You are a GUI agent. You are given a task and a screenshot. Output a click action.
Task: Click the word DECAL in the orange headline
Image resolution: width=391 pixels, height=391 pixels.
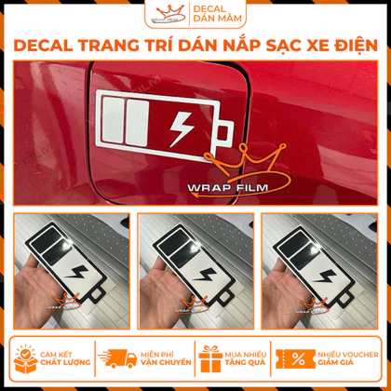coord(44,46)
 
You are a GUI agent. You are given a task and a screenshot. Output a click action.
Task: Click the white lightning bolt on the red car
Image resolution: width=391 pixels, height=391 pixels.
coord(182,128)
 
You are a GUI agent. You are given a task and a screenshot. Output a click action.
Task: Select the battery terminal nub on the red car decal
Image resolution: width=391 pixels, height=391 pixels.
coord(224,134)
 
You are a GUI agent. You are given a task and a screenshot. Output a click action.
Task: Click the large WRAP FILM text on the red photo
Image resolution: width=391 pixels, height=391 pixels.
coord(227,188)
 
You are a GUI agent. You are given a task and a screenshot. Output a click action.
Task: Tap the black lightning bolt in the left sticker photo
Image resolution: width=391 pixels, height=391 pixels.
coord(76,272)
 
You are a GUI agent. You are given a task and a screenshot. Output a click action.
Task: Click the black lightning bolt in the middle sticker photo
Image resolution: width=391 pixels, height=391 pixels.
coord(204,274)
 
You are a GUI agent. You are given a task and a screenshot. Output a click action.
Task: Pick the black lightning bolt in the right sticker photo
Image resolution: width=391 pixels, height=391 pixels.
coord(324,276)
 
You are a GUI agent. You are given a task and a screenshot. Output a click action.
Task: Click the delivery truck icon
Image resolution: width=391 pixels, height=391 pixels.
coord(117,358)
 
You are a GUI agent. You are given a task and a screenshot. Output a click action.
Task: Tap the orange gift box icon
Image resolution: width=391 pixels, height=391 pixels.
coord(210,358)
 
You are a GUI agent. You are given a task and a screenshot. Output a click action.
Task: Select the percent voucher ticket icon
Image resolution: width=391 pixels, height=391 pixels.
coord(295,358)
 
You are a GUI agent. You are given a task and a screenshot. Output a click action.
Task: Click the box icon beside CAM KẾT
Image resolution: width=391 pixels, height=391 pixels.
coord(26,358)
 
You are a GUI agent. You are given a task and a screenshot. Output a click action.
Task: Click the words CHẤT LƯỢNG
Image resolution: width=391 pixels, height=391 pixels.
coord(65,362)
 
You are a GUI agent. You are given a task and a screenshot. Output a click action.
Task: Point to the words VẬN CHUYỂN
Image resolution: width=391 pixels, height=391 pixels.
coord(166,362)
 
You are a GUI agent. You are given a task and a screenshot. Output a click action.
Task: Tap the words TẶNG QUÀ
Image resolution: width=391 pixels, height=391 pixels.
coord(245,362)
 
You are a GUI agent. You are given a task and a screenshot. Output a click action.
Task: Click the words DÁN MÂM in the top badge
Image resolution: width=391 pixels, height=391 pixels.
coord(217,19)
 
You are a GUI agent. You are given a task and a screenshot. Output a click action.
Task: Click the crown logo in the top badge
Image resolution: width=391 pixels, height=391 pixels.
coord(168,14)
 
